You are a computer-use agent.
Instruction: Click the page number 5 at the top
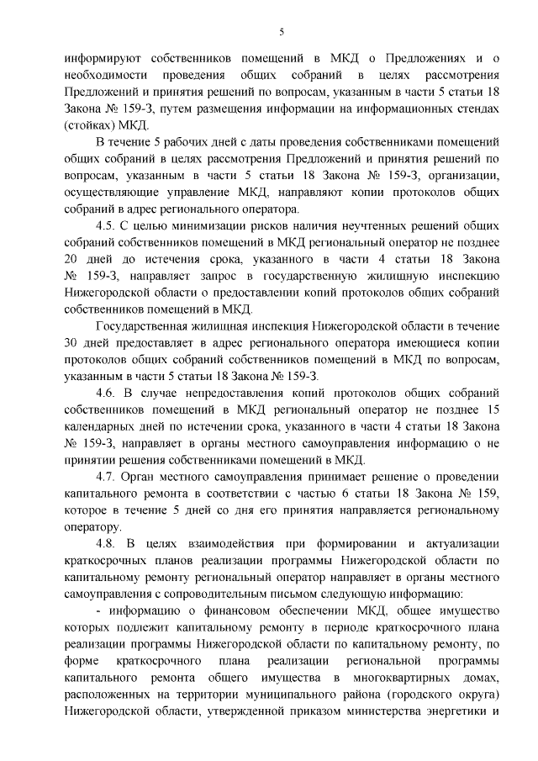pos(282,32)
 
